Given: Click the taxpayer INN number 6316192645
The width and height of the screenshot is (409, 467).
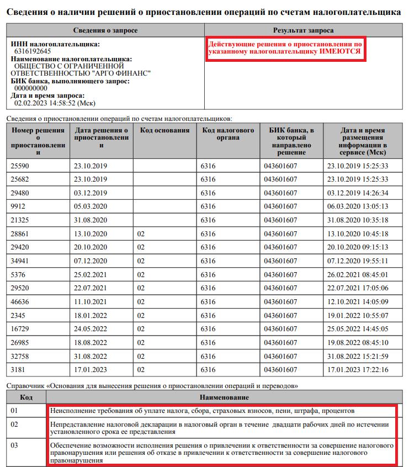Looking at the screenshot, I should (33, 51).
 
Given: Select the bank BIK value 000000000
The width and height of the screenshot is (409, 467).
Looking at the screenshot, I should (31, 88).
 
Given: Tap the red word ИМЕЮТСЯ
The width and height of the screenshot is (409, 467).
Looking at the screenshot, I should (340, 51).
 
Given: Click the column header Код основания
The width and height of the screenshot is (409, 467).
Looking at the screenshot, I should (165, 130).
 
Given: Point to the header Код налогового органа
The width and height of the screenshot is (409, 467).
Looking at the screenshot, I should (228, 134).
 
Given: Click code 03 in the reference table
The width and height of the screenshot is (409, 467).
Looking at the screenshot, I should (15, 445).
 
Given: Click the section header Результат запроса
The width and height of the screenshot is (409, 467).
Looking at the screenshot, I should (303, 30).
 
